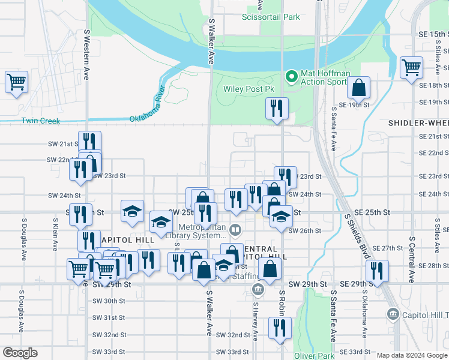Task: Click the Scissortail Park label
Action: click(x=270, y=17)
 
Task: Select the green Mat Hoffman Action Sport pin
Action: click(x=291, y=76)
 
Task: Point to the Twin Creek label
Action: click(x=41, y=121)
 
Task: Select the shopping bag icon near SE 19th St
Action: click(x=358, y=88)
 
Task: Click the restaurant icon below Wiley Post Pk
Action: click(x=277, y=109)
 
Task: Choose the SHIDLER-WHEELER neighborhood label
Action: click(x=418, y=122)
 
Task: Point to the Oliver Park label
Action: click(x=313, y=356)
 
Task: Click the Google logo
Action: click(x=20, y=353)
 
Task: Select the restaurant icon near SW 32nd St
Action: click(x=279, y=328)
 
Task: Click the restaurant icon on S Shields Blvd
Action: click(x=377, y=270)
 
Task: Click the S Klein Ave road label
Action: click(x=55, y=233)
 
